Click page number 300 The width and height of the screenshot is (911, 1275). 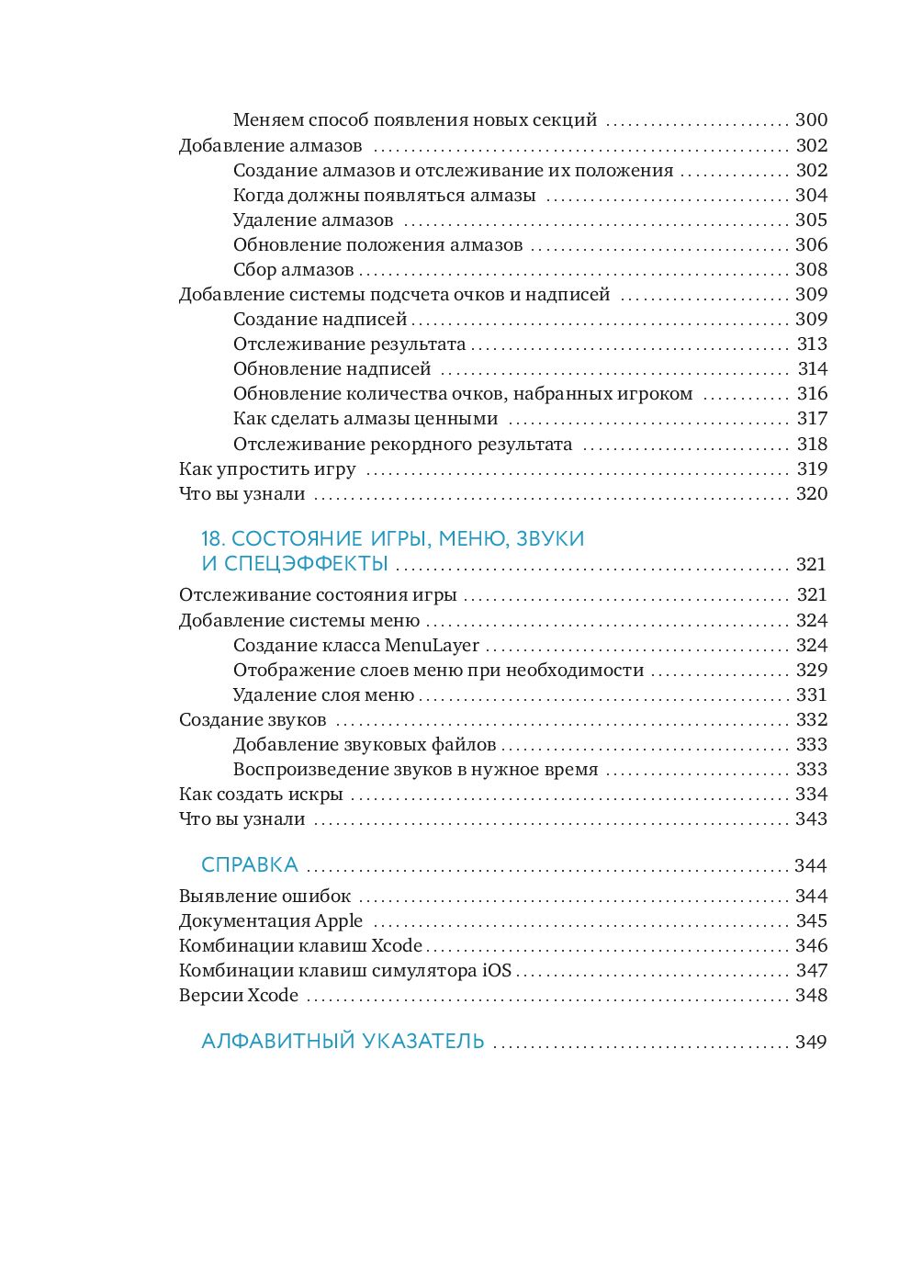tap(811, 119)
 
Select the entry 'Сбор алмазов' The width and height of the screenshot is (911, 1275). tap(293, 269)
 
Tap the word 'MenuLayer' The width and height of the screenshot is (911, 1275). tap(432, 645)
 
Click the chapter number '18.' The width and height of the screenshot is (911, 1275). tap(213, 538)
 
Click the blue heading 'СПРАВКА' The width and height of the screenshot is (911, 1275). tap(250, 864)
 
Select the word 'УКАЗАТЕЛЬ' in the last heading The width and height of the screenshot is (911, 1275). tap(423, 1041)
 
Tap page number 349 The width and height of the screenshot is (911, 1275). tap(811, 1042)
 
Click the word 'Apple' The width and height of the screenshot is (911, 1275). tap(339, 920)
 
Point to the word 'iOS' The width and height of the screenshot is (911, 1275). tap(497, 970)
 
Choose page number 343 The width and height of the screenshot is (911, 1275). tap(811, 818)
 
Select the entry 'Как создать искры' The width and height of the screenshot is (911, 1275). tap(261, 794)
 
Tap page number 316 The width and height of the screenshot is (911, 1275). tap(812, 393)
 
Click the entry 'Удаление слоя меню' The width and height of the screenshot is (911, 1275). tap(323, 694)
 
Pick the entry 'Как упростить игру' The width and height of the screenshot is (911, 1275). tap(267, 468)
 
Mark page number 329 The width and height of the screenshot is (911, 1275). tap(812, 670)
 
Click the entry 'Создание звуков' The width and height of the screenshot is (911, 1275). tap(253, 719)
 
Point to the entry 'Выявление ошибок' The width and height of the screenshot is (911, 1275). tap(264, 896)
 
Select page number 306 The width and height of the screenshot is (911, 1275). tap(811, 244)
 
